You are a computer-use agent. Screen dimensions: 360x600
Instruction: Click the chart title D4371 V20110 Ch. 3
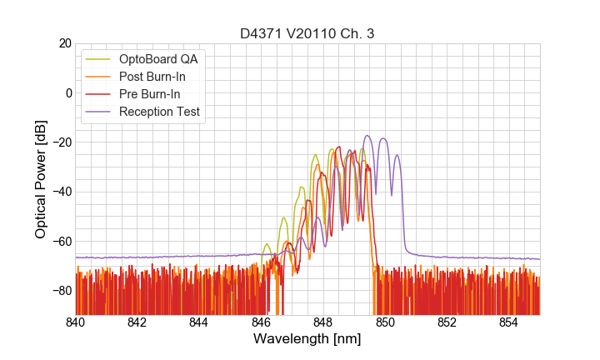tap(307, 32)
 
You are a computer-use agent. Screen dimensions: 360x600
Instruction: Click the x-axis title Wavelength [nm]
tap(307, 339)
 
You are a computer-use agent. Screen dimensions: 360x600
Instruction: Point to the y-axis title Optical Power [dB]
tap(40, 178)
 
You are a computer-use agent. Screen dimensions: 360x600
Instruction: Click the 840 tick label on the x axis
tap(76, 322)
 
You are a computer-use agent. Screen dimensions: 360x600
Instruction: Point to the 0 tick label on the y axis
tap(67, 92)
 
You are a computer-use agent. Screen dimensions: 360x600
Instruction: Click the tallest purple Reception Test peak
tap(367, 136)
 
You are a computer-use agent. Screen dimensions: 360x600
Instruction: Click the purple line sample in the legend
tap(99, 112)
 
